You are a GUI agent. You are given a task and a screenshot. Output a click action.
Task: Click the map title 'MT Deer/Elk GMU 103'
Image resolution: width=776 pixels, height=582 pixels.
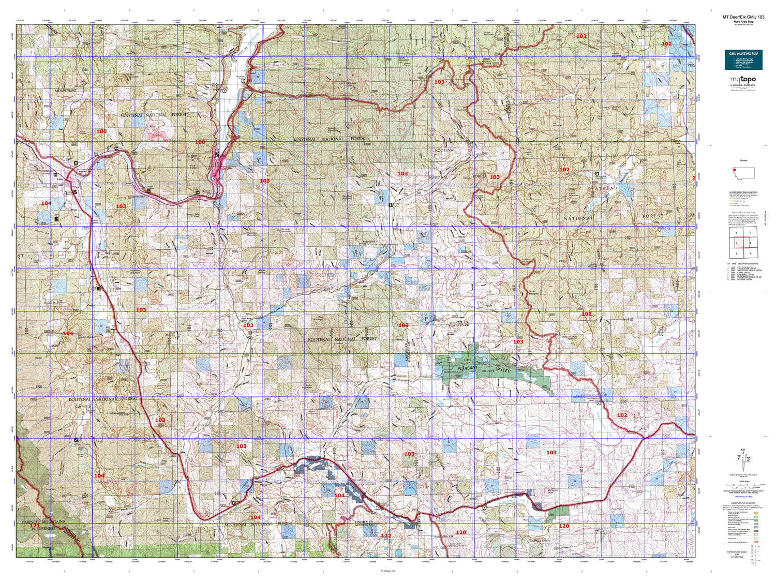[743, 17]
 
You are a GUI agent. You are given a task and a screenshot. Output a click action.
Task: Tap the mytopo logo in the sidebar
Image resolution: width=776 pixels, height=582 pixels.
[743, 79]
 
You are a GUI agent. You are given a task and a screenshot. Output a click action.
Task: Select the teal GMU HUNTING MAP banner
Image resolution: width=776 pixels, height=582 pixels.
[743, 60]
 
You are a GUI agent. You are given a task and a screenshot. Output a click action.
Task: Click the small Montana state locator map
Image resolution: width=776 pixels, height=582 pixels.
[743, 173]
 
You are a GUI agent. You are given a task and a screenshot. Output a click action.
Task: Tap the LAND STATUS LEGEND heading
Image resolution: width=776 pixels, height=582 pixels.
[743, 503]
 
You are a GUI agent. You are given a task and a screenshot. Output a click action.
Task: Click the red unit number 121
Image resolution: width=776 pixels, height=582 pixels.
[34, 526]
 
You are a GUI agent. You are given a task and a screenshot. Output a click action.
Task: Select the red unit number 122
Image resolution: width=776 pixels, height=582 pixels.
[386, 535]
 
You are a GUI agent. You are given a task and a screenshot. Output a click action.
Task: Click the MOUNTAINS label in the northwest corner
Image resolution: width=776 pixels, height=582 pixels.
[65, 91]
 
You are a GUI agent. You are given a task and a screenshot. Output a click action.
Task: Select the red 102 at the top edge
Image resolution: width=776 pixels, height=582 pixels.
[581, 36]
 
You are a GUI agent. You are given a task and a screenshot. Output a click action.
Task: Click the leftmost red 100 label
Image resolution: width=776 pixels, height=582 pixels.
[101, 131]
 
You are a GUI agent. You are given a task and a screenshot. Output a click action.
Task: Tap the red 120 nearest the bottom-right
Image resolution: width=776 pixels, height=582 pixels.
[564, 526]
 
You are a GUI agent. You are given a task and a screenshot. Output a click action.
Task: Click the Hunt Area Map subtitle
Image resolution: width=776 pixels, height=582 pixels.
[743, 22]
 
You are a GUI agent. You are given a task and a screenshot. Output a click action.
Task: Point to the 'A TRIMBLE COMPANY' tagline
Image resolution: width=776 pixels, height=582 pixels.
[743, 85]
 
